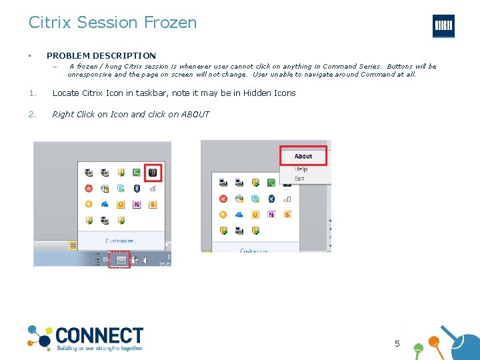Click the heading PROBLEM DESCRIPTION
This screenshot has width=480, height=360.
click(101, 56)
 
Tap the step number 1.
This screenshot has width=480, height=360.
click(31, 93)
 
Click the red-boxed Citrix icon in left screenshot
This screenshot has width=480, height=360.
click(153, 172)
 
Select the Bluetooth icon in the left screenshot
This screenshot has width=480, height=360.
click(137, 189)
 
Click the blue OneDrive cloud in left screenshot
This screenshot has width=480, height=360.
click(105, 205)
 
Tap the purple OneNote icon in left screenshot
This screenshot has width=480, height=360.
click(137, 205)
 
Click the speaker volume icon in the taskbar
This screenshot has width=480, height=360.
click(146, 261)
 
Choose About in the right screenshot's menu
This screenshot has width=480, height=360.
click(303, 157)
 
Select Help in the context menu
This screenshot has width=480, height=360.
click(301, 169)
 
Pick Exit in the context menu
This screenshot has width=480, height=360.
click(299, 178)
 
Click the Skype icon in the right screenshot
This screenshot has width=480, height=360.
click(255, 199)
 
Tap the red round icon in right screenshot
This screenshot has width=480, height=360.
click(223, 199)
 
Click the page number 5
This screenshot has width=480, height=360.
click(397, 344)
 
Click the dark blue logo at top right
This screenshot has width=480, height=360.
click(443, 26)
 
